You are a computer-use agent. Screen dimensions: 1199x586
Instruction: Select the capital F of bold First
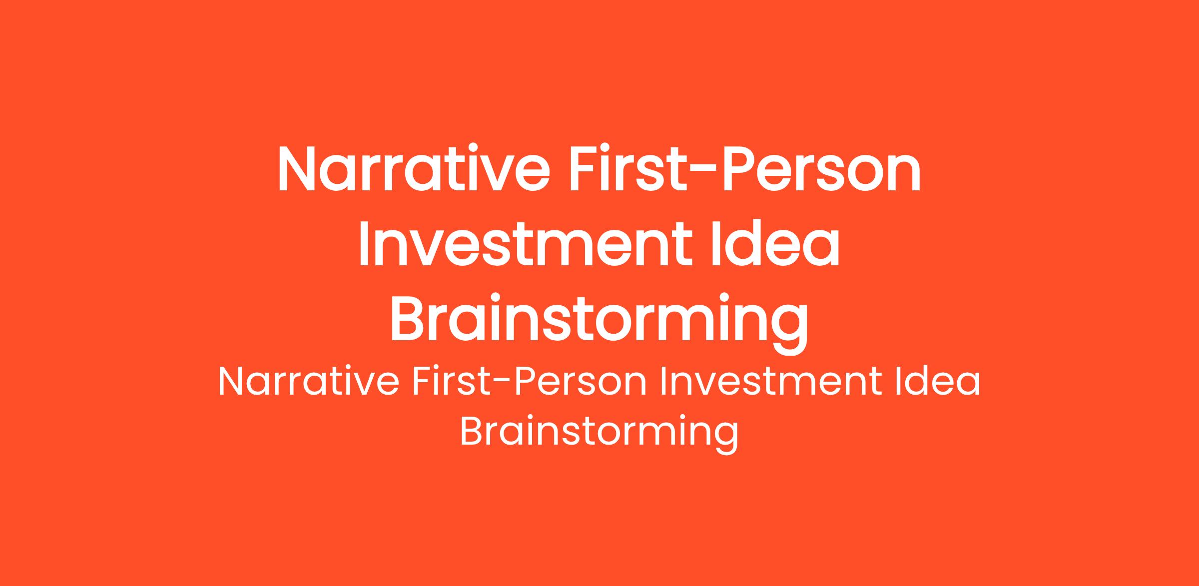tap(585, 169)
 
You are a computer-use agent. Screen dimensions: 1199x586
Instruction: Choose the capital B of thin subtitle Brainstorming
tap(472, 431)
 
